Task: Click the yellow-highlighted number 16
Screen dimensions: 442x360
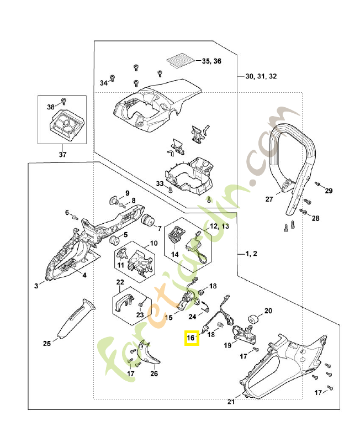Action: point(191,337)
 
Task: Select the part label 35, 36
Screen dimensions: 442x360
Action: point(211,61)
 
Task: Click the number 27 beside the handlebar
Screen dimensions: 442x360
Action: point(270,199)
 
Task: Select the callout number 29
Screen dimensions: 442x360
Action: point(329,191)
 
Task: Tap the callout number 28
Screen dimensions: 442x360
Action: point(316,219)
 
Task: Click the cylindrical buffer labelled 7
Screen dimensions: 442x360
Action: point(147,220)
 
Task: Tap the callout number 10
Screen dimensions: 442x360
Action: point(153,243)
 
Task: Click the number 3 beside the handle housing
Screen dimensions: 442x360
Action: point(36,286)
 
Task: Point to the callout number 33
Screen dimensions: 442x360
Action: point(160,183)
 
